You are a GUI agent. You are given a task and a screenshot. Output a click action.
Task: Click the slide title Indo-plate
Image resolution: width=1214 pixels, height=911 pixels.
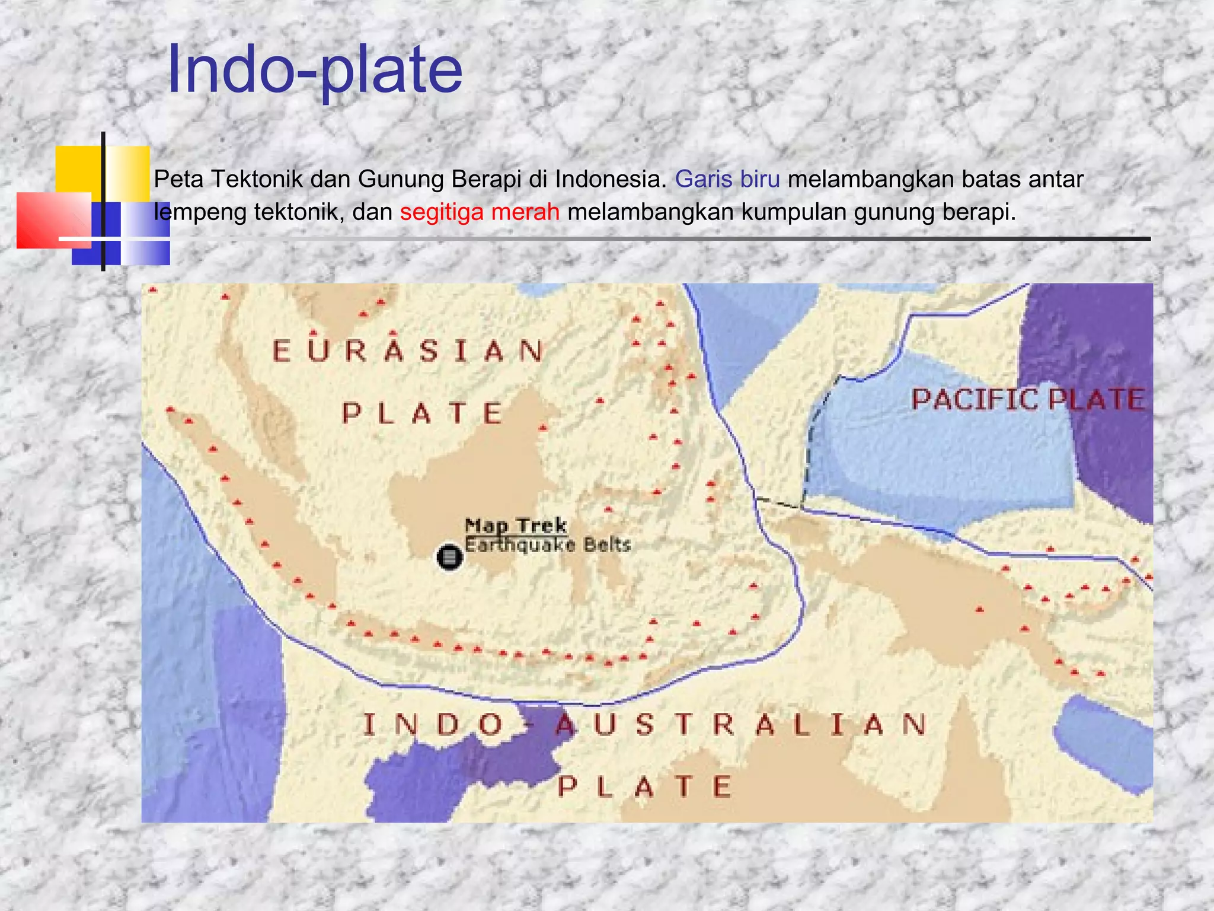[315, 70]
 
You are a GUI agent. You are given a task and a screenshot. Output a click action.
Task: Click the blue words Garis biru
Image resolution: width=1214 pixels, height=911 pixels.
[727, 179]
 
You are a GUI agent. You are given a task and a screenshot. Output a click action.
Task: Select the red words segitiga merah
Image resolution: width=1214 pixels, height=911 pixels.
[480, 212]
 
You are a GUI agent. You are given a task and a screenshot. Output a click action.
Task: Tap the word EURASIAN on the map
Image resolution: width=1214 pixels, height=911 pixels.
[408, 351]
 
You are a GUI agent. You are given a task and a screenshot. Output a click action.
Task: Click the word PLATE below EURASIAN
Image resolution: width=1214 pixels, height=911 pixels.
[423, 413]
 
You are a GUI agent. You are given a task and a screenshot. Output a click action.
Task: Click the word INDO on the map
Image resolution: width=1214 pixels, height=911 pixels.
[433, 725]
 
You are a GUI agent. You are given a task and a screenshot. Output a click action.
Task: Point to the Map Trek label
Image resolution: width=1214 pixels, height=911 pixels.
[515, 525]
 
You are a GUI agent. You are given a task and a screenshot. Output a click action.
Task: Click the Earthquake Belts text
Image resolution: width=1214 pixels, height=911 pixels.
[547, 545]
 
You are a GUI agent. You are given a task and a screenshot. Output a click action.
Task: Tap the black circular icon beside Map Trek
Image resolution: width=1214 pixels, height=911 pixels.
[449, 558]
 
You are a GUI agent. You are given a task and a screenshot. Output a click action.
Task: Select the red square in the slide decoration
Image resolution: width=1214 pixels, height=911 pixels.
[53, 220]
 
